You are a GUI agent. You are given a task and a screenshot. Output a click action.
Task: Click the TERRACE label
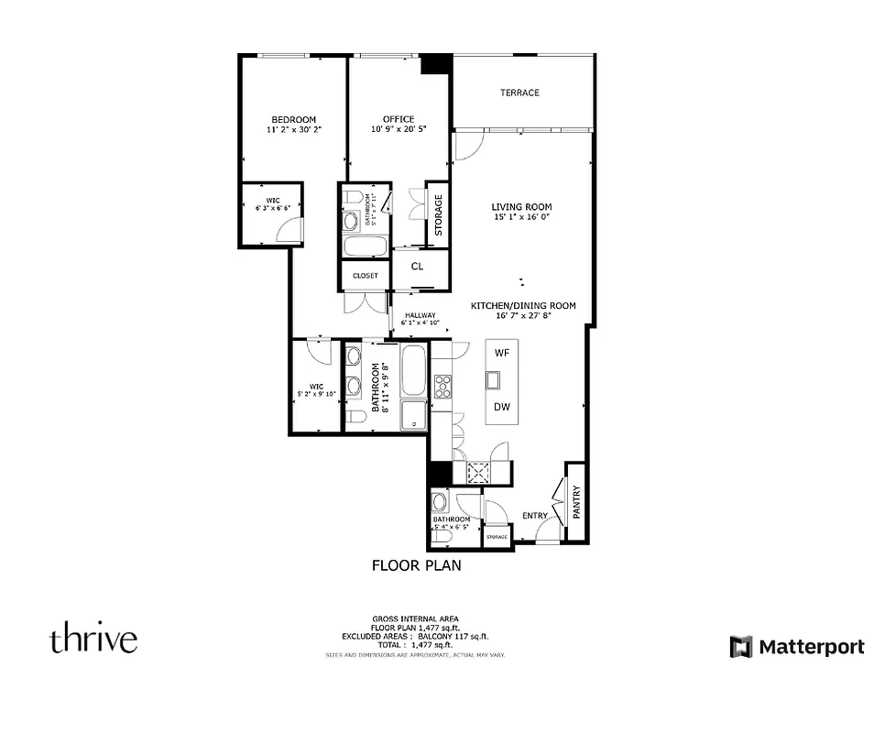[x=519, y=93]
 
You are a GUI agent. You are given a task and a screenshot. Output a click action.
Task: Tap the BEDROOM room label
[x=293, y=119]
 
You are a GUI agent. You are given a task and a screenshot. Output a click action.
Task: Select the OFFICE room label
[x=399, y=119]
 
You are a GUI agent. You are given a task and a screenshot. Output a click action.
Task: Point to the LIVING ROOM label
[x=521, y=207]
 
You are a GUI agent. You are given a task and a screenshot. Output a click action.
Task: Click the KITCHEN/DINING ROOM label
[x=523, y=305]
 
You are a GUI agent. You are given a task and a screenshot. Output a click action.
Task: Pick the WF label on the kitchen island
[x=501, y=353]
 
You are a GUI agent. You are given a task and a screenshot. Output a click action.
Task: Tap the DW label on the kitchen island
[x=501, y=407]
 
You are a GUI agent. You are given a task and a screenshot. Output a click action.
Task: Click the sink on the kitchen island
[x=495, y=379]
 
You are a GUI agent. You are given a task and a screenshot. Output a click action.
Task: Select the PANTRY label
[x=576, y=502]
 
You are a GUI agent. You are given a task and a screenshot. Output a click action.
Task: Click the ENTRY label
[x=535, y=516]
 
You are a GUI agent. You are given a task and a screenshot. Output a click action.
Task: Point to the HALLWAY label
[x=420, y=315]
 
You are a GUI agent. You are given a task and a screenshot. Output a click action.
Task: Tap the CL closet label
[x=417, y=267]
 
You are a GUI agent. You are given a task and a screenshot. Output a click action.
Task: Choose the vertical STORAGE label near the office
[x=438, y=214]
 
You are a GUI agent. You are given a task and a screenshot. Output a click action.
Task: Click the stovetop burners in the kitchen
[x=442, y=386]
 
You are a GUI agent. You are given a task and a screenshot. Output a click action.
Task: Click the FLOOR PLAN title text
[x=416, y=565]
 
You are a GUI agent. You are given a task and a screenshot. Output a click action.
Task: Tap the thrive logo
[x=93, y=639]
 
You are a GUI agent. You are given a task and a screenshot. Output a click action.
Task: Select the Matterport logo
[x=796, y=647]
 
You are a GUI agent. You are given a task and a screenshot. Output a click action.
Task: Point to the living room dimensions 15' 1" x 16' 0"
[x=521, y=218]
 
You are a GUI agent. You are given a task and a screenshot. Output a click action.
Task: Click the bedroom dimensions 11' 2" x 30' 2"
[x=293, y=130]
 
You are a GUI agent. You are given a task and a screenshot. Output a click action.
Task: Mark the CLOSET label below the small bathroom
[x=365, y=275]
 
